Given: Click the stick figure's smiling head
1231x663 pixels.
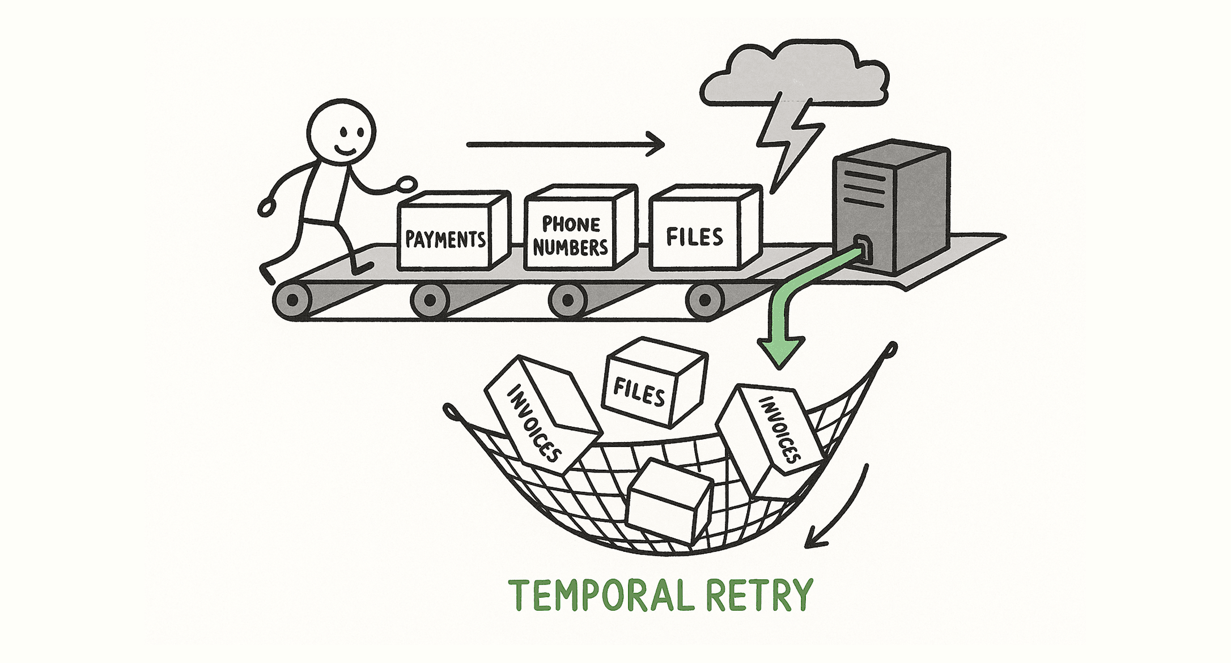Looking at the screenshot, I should click(341, 133).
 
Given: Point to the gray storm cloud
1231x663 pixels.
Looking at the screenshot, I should click(793, 74).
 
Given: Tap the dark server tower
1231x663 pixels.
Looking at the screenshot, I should click(890, 207).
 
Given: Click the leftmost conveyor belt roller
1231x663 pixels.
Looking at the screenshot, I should click(292, 300).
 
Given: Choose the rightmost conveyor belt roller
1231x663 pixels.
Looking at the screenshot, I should click(704, 300).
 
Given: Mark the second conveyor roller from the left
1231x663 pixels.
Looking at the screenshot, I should click(430, 300).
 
